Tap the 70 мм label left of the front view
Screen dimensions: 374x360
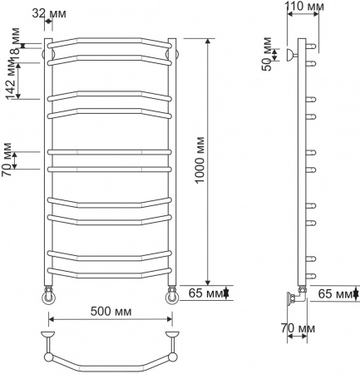[x=7, y=160]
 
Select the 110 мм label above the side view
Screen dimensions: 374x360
[x=304, y=7]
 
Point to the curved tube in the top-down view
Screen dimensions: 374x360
[x=111, y=366]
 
